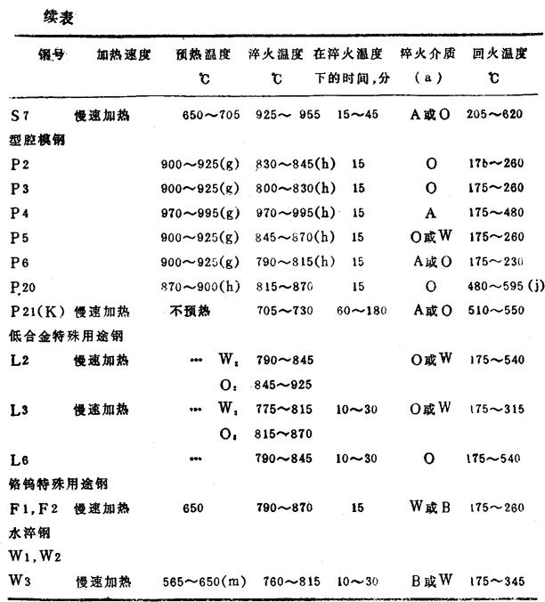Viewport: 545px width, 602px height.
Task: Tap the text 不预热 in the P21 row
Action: tap(189, 312)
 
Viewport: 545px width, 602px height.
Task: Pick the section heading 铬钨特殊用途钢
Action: tap(53, 484)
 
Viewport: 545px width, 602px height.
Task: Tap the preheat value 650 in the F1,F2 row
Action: tap(195, 508)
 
